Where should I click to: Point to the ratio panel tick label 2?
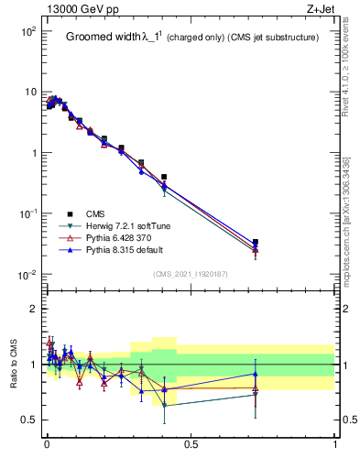(x=35, y=309)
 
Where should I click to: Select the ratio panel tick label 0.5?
(x=30, y=420)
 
